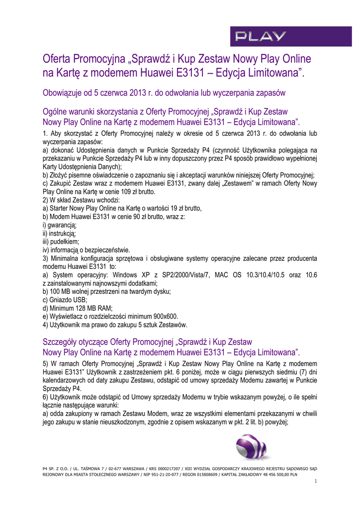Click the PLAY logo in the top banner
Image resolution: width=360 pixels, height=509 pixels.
pyautogui.click(x=261, y=36)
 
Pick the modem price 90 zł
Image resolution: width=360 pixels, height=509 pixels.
pyautogui.click(x=125, y=217)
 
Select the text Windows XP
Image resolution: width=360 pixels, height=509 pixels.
pyautogui.click(x=131, y=275)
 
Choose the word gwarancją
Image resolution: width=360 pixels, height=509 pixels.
pyautogui.click(x=62, y=225)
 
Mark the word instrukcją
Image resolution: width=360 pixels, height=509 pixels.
pyautogui.click(x=62, y=233)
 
